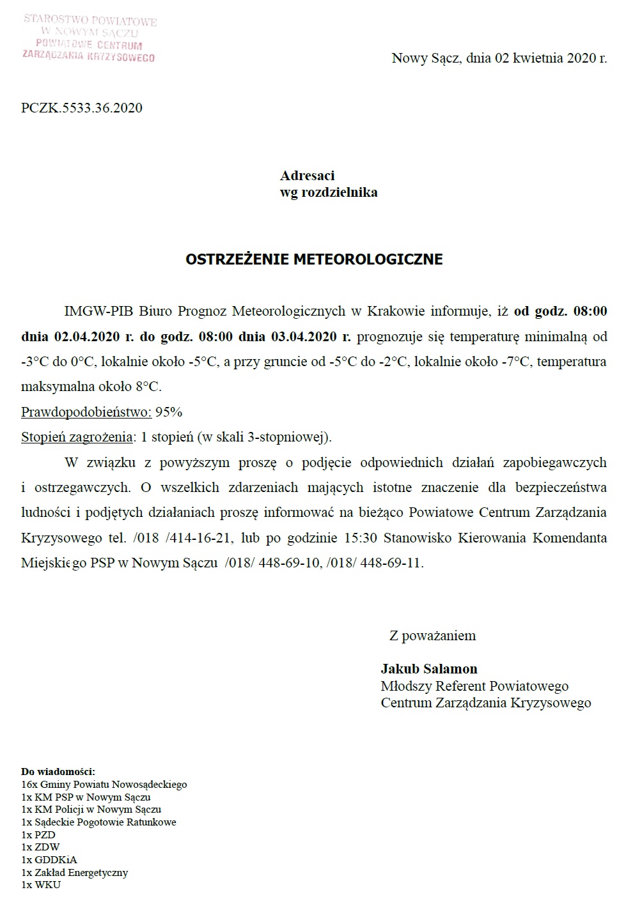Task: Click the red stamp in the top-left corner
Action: click(90, 38)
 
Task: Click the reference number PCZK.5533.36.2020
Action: click(82, 108)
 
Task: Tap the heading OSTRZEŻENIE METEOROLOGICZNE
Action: click(314, 259)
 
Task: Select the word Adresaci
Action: click(307, 176)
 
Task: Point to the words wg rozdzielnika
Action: click(329, 192)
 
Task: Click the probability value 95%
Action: click(169, 412)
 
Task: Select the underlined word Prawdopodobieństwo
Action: click(86, 412)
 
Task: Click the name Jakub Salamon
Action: click(429, 669)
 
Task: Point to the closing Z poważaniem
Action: click(432, 636)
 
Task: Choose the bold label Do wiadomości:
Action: click(58, 771)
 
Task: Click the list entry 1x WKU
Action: click(41, 885)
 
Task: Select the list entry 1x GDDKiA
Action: click(49, 860)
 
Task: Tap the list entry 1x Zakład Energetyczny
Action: click(75, 872)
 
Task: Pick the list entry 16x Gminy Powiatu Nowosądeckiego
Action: click(104, 784)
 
